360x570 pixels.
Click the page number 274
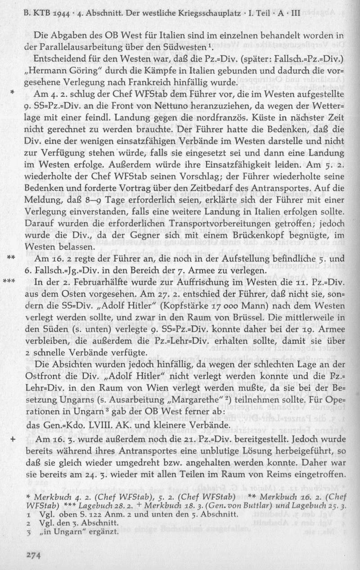click(33, 555)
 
